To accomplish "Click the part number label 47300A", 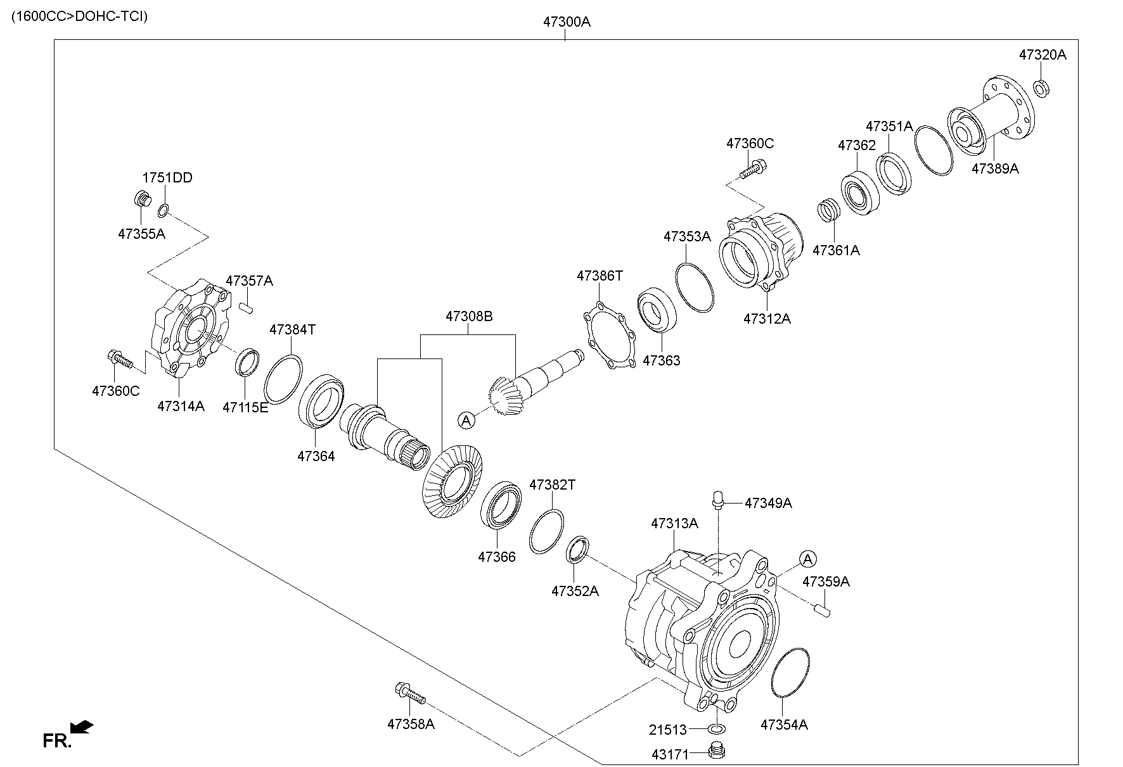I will point(566,22).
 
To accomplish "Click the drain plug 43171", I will point(716,752).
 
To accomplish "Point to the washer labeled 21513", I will point(716,728).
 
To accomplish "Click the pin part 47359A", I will point(822,611).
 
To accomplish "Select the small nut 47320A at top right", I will point(1041,87).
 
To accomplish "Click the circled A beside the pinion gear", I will point(466,419).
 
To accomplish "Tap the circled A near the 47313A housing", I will point(807,559).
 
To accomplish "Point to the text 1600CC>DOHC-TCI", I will point(79,16).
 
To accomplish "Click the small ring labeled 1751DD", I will point(163,209).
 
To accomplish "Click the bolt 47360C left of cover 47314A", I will point(120,360).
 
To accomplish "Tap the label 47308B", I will point(468,316).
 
